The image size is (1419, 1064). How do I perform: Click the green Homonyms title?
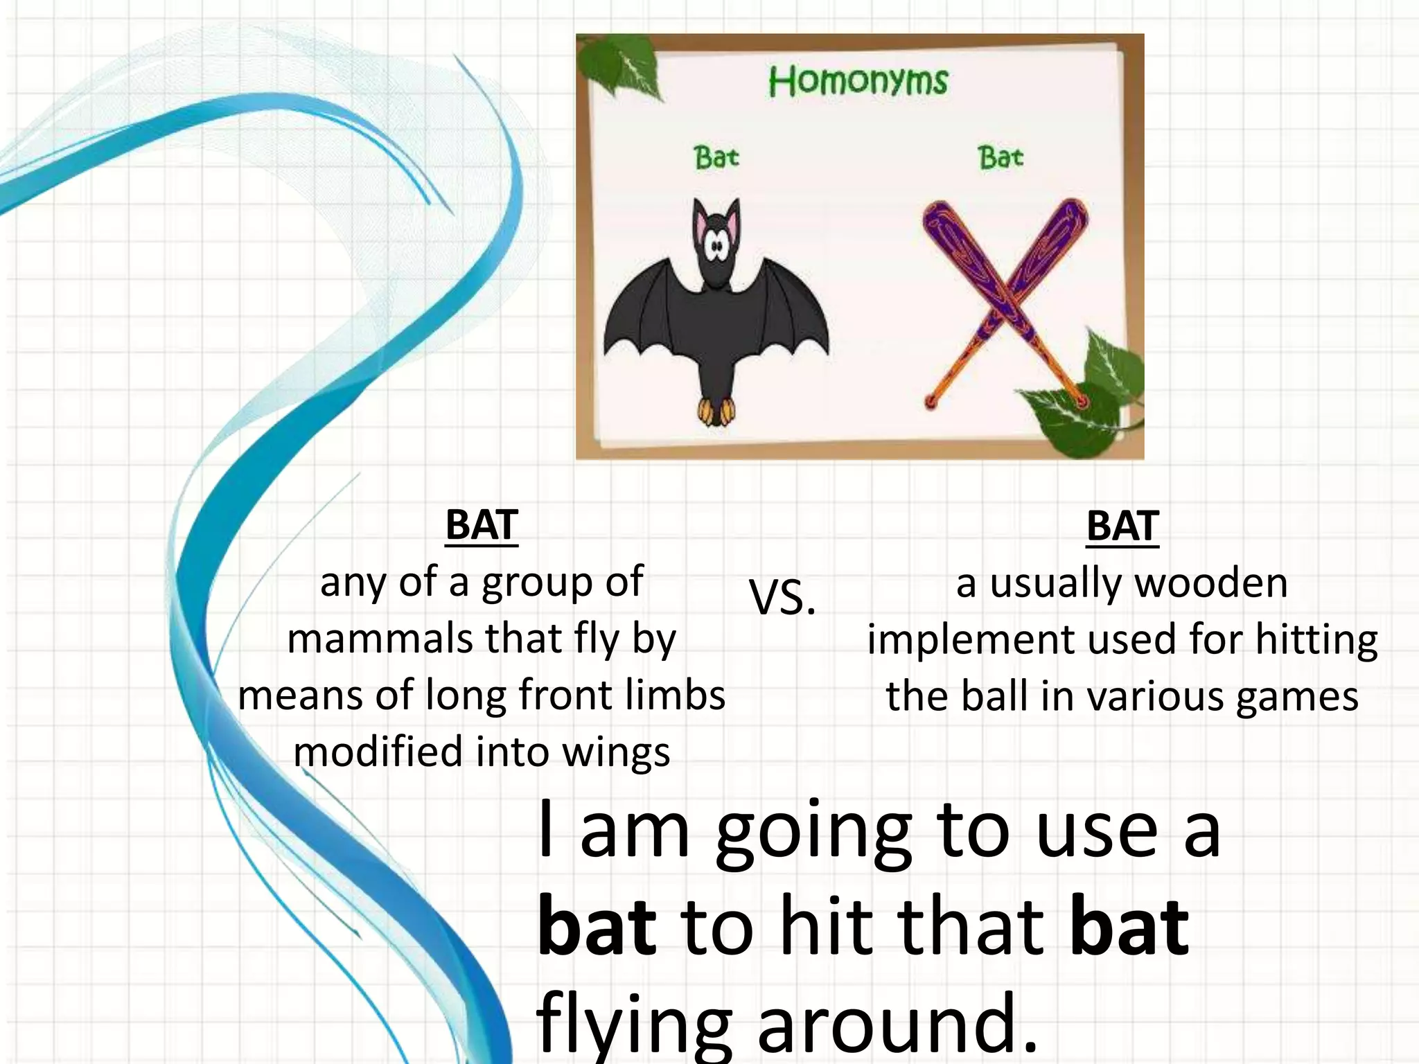tap(858, 82)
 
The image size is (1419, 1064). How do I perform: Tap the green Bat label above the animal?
tap(716, 157)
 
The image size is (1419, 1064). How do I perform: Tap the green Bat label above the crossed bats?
tap(1001, 157)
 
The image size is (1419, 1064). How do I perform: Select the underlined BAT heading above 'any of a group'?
tap(482, 525)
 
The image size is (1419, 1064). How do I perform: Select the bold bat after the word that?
tap(1129, 925)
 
